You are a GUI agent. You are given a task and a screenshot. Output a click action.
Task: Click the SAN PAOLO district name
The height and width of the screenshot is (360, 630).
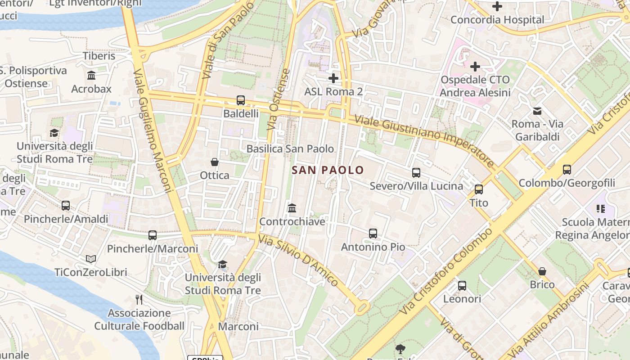pyautogui.click(x=328, y=170)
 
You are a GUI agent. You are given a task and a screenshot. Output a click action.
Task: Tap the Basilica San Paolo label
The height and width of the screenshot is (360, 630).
pyautogui.click(x=290, y=149)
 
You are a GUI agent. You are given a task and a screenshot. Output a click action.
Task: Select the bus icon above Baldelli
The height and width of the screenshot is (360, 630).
pyautogui.click(x=241, y=100)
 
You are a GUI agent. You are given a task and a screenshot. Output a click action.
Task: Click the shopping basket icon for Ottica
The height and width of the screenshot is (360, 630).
pyautogui.click(x=215, y=162)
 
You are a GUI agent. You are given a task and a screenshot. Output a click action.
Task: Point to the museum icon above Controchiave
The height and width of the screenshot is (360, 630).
pyautogui.click(x=292, y=208)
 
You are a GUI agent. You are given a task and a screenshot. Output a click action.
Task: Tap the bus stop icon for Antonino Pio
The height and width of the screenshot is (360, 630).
pyautogui.click(x=373, y=234)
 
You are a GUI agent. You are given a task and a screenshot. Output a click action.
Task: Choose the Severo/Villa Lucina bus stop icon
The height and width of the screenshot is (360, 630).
pyautogui.click(x=416, y=173)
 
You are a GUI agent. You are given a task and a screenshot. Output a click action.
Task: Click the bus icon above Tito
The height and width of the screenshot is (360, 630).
pyautogui.click(x=479, y=189)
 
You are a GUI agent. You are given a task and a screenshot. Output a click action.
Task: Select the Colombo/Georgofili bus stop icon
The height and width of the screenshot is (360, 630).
pyautogui.click(x=567, y=170)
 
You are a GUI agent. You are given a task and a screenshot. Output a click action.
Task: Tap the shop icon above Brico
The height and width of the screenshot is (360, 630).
pyautogui.click(x=542, y=271)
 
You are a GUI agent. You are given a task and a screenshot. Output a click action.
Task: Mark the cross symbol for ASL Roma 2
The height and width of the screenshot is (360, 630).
pyautogui.click(x=333, y=78)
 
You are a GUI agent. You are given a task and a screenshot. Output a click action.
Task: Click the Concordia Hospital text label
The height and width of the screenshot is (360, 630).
pyautogui.click(x=497, y=20)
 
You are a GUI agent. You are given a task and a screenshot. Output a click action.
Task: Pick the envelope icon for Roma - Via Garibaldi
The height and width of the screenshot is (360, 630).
pyautogui.click(x=537, y=111)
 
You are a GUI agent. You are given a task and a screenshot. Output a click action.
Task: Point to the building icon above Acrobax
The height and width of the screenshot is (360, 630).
pyautogui.click(x=91, y=76)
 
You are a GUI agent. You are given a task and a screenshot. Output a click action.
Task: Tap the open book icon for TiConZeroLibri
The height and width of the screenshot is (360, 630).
pyautogui.click(x=91, y=259)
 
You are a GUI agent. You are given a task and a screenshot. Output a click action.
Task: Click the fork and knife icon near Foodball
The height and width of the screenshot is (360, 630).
pyautogui.click(x=139, y=299)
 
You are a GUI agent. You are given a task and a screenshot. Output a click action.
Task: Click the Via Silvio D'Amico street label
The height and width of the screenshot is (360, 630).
pyautogui.click(x=297, y=261)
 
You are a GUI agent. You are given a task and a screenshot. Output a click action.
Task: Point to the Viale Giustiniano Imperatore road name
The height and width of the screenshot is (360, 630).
pyautogui.click(x=424, y=140)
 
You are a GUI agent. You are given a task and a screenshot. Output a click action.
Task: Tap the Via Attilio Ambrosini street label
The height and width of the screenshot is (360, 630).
pyautogui.click(x=554, y=319)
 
